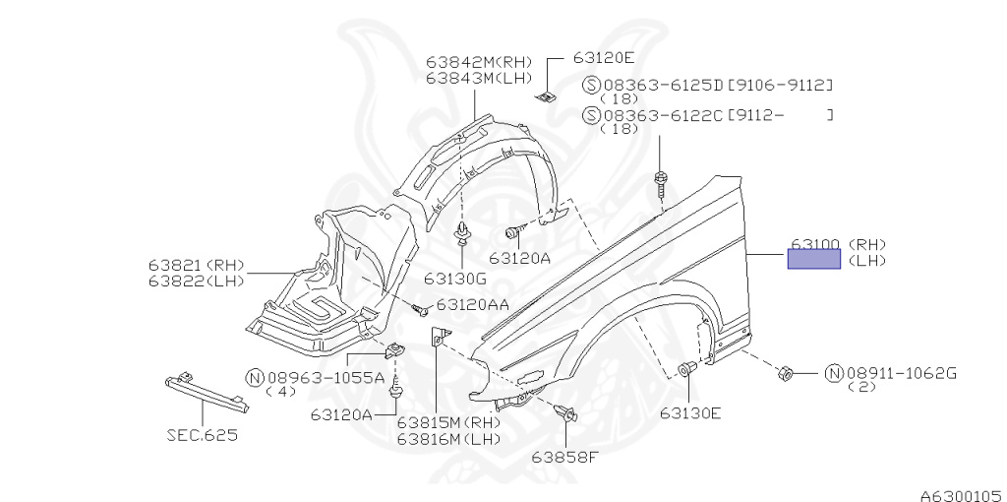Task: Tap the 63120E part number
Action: coord(604,58)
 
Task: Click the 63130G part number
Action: coord(455,278)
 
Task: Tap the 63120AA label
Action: coord(472,305)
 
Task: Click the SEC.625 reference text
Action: coord(202,433)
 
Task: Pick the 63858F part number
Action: coord(564,456)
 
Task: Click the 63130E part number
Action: coord(690,412)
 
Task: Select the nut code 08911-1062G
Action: coord(900,373)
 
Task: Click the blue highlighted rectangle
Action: coord(813,259)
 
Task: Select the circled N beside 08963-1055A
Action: coord(254,377)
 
